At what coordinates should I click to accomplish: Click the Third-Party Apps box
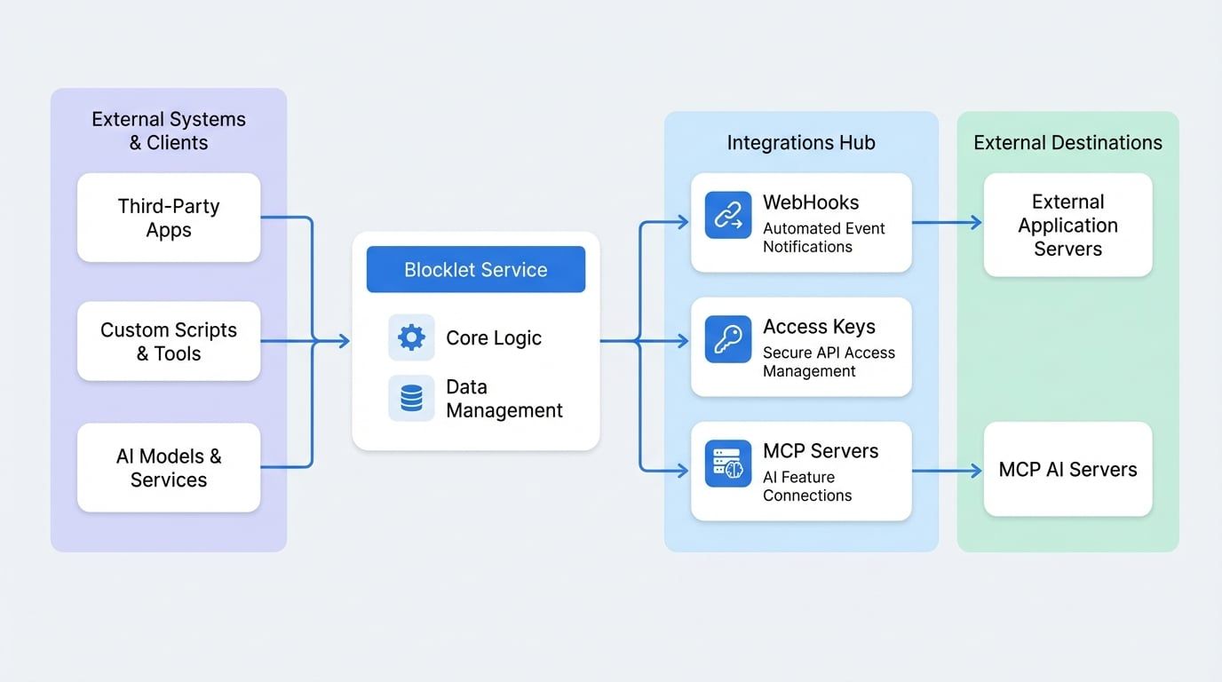169,218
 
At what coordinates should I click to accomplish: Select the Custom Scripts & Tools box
169,341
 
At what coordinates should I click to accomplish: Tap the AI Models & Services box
169,467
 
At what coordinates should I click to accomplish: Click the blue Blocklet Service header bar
475,270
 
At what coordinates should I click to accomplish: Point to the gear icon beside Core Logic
411,337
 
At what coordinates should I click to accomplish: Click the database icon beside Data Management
411,398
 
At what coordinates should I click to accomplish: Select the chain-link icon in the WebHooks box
728,215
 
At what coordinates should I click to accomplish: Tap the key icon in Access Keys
728,339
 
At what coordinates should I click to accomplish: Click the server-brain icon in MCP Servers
728,464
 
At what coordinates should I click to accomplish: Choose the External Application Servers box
1067,225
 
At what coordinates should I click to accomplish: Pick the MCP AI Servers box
1067,470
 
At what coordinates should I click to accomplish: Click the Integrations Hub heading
800,143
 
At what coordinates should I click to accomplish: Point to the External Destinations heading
1067,143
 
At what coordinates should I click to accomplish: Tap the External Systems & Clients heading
169,131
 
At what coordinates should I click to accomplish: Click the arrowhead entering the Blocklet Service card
344,341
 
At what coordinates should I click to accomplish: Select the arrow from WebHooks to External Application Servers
948,223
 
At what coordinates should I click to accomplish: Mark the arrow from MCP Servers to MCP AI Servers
948,471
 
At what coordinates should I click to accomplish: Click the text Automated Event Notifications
823,237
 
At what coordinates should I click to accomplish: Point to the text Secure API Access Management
828,361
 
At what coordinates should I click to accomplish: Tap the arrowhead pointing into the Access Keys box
682,341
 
